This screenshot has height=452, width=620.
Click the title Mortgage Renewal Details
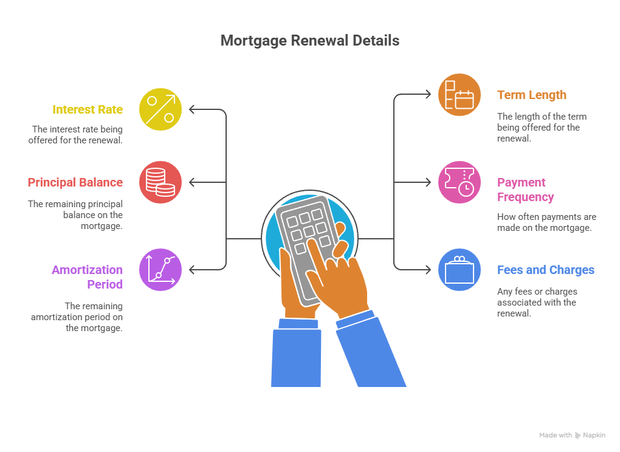point(309,41)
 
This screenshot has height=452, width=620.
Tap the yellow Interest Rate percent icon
point(160,109)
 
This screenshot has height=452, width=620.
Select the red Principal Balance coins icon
point(160,182)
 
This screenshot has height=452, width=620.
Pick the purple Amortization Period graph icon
point(160,269)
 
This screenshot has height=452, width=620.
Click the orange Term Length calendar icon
point(460,95)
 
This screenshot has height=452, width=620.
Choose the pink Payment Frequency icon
point(460,182)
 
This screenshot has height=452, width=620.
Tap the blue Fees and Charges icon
point(460,269)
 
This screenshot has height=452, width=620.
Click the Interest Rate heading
point(88,109)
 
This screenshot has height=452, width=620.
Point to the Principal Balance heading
point(75,182)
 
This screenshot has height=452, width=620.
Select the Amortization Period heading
point(88,277)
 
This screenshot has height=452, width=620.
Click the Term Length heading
point(532,95)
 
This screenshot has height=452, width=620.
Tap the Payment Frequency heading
point(526,190)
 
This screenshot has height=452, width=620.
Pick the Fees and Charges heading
point(546,270)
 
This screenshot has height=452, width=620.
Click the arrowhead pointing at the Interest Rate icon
point(191,109)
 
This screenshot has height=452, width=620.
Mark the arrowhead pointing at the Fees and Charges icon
point(429,269)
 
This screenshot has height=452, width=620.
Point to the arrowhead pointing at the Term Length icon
point(429,95)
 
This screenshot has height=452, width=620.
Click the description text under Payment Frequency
point(546,222)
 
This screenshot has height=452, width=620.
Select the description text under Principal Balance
point(75,215)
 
